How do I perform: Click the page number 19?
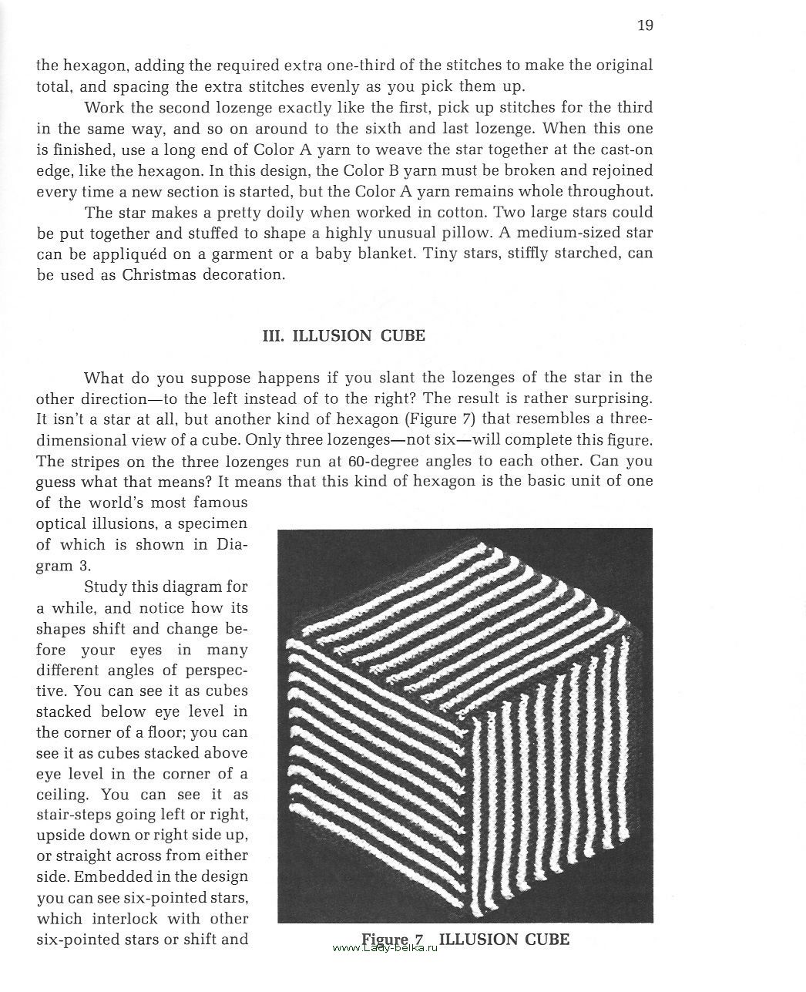(x=645, y=25)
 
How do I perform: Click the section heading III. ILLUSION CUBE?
(x=344, y=335)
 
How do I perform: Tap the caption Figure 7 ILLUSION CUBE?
(x=465, y=940)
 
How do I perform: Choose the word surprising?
(x=609, y=398)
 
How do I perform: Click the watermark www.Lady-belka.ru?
(x=385, y=950)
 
